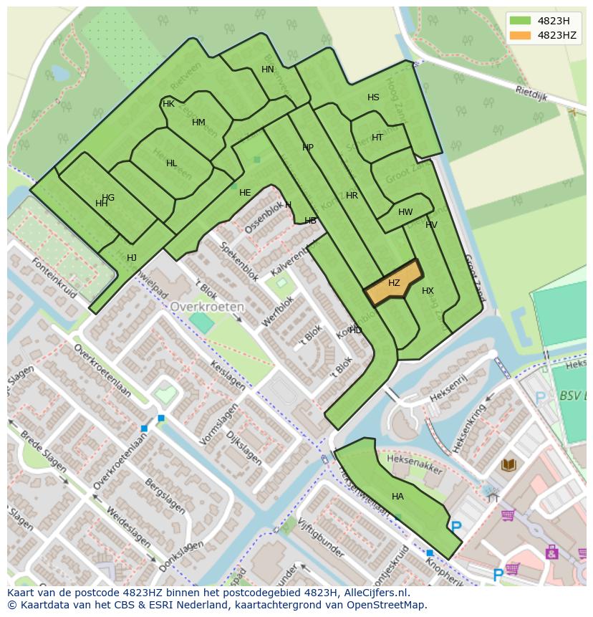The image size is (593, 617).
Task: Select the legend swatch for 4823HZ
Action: (x=521, y=35)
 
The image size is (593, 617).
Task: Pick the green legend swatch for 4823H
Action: (x=521, y=20)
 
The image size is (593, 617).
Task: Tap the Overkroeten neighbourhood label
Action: (x=207, y=306)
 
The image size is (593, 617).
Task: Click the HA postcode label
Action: (x=397, y=496)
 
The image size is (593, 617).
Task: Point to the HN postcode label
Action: (x=268, y=70)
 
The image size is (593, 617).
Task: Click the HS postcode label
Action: (x=373, y=97)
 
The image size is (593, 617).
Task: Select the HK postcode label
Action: (x=168, y=104)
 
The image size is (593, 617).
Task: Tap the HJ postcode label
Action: (x=132, y=258)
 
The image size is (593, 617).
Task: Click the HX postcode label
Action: (x=428, y=291)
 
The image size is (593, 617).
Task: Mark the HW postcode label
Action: (x=405, y=212)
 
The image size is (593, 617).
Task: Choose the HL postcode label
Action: (x=171, y=163)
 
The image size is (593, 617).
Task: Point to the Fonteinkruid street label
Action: (x=53, y=277)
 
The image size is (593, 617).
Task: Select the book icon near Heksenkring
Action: (x=508, y=465)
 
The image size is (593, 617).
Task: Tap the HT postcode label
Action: (x=377, y=138)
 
